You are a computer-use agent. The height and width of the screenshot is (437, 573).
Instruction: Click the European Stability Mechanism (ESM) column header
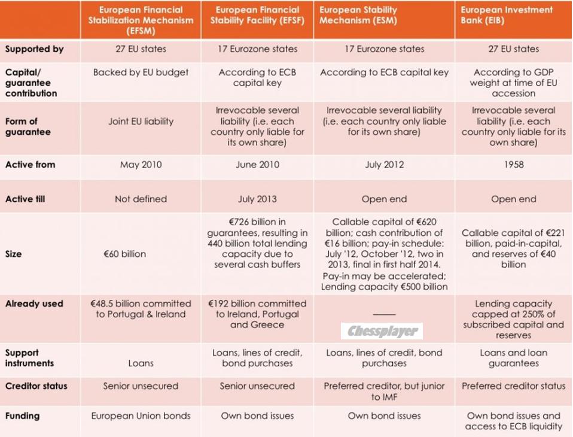(x=383, y=20)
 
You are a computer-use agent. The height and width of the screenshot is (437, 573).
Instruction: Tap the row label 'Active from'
(x=31, y=165)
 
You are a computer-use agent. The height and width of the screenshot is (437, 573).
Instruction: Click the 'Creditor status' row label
(x=36, y=386)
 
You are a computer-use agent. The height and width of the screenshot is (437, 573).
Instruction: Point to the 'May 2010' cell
(x=141, y=165)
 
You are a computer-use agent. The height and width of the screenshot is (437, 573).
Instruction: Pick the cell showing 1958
(x=513, y=165)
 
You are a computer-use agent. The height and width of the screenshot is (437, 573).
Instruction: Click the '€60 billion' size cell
(x=124, y=254)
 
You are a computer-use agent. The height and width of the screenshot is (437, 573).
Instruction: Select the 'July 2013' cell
(x=257, y=199)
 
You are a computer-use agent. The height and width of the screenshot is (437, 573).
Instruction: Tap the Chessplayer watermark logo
(x=382, y=331)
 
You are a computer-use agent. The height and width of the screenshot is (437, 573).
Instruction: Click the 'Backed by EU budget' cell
(x=141, y=72)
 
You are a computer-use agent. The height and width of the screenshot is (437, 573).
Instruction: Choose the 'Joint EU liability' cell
(x=141, y=122)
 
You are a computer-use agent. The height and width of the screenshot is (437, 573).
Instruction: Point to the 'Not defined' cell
(x=141, y=199)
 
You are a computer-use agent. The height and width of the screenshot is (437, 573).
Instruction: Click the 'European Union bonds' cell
(x=141, y=415)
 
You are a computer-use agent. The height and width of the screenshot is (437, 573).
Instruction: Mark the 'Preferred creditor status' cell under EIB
(x=513, y=386)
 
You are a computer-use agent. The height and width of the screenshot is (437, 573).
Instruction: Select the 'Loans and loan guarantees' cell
(x=513, y=358)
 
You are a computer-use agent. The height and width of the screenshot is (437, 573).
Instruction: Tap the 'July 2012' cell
(x=384, y=165)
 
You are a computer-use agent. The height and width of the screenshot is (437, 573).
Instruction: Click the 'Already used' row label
(x=34, y=304)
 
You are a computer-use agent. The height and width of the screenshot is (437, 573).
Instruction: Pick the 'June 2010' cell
(x=257, y=165)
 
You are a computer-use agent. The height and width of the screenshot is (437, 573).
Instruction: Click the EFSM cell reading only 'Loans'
(x=141, y=363)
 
